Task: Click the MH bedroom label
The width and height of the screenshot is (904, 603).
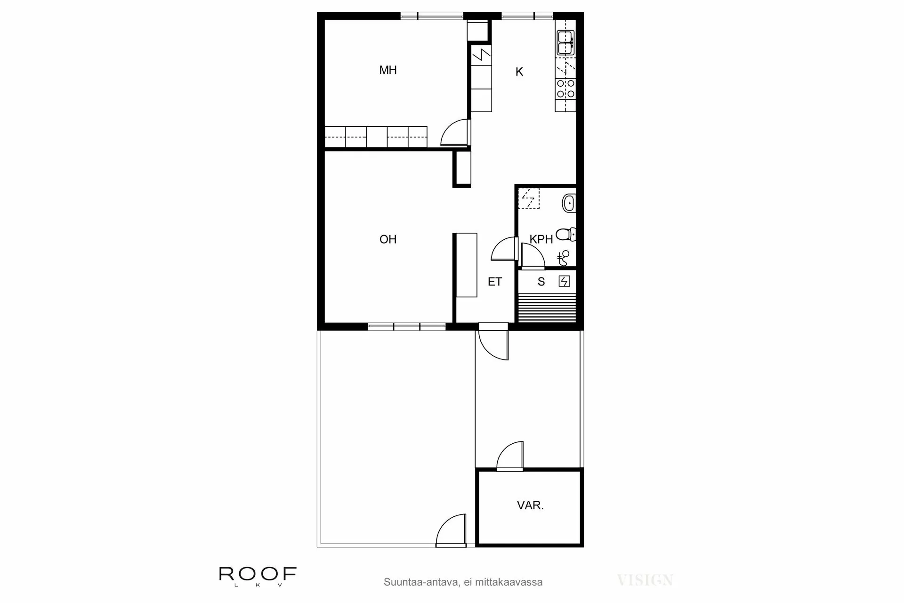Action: point(388,70)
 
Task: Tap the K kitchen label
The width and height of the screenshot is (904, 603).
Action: point(519,72)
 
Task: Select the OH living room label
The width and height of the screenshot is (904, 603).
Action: point(388,239)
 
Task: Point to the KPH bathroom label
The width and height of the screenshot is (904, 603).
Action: point(541,239)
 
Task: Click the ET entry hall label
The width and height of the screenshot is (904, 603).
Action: point(495,282)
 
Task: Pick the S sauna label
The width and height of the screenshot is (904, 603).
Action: point(541,282)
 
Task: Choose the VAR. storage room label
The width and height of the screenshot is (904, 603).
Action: point(530,506)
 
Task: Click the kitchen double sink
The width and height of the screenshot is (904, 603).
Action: point(565,42)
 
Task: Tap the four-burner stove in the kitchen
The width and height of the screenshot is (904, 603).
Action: point(565,89)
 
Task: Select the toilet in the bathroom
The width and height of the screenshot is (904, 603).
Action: point(565,234)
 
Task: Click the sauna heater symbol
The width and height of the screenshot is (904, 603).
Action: point(564,282)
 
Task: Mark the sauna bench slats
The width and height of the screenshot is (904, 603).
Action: point(547,307)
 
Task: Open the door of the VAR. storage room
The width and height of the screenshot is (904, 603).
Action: point(510,457)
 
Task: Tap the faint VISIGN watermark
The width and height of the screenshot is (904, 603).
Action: point(645,580)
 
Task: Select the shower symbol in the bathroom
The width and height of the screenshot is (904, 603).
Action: point(564,257)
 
